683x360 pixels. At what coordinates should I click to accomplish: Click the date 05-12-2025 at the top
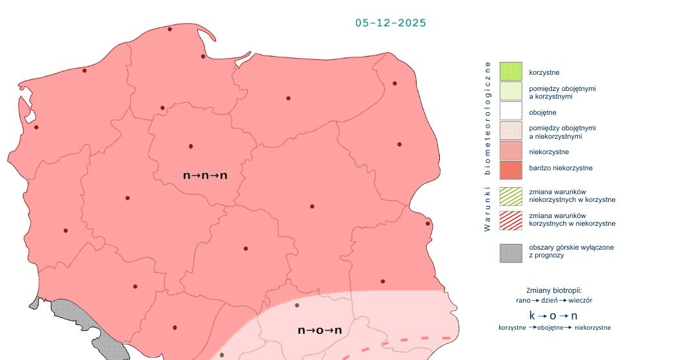pyautogui.click(x=390, y=23)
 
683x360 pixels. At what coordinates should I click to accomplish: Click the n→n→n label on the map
pyautogui.click(x=205, y=175)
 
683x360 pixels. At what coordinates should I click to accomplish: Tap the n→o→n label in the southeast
pyautogui.click(x=319, y=330)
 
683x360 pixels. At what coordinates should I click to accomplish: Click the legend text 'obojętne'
pyautogui.click(x=542, y=113)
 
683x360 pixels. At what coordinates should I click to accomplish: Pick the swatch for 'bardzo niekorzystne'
pyautogui.click(x=510, y=170)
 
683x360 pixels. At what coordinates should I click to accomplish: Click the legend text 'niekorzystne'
pyautogui.click(x=548, y=152)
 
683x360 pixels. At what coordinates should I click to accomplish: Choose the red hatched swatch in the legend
pyautogui.click(x=510, y=220)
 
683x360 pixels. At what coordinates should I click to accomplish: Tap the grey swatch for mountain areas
pyautogui.click(x=510, y=252)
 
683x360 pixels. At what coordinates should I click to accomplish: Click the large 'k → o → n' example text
pyautogui.click(x=553, y=315)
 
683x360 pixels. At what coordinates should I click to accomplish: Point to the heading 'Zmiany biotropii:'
pyautogui.click(x=554, y=290)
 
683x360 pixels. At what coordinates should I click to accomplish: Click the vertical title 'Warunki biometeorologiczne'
pyautogui.click(x=488, y=146)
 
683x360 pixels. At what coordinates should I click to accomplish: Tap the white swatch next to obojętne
pyautogui.click(x=510, y=112)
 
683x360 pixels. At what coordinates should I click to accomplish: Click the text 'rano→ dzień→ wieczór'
pyautogui.click(x=554, y=301)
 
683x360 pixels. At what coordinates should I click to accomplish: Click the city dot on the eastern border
pyautogui.click(x=428, y=224)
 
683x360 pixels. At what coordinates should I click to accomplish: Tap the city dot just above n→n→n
pyautogui.click(x=190, y=146)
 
